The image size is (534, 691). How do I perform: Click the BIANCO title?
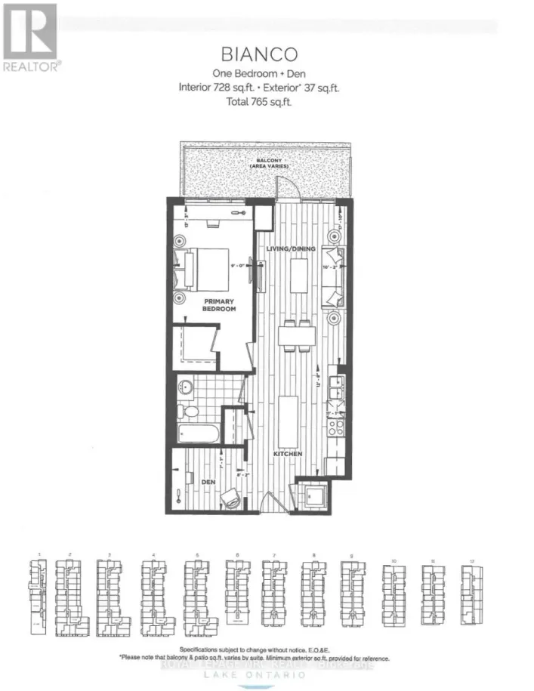click(259, 54)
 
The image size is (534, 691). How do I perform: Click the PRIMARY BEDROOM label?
click(219, 305)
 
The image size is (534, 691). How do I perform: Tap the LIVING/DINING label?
click(290, 248)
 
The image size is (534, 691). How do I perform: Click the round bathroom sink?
click(187, 387)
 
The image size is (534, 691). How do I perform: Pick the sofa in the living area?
click(333, 276)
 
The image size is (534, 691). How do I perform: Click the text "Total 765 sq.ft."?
click(259, 101)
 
